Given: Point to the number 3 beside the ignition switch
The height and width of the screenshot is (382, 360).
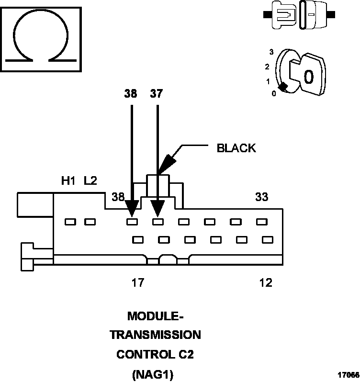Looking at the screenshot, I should pyautogui.click(x=271, y=52).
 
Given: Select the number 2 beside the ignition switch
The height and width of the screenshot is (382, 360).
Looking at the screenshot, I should pyautogui.click(x=267, y=67).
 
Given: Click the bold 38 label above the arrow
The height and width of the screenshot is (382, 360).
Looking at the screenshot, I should pyautogui.click(x=130, y=94).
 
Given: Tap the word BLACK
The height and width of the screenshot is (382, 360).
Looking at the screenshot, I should pyautogui.click(x=236, y=148).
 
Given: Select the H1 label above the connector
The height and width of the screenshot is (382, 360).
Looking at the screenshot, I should pyautogui.click(x=68, y=181).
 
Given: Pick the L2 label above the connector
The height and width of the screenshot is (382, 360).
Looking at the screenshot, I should pyautogui.click(x=90, y=181).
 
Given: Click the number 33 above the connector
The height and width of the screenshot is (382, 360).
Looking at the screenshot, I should pyautogui.click(x=261, y=197).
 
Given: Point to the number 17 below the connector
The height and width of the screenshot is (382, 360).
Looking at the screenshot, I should pyautogui.click(x=138, y=283).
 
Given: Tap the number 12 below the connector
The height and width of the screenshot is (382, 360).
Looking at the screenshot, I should pyautogui.click(x=265, y=283).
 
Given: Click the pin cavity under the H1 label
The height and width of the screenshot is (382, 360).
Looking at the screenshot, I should pyautogui.click(x=70, y=222).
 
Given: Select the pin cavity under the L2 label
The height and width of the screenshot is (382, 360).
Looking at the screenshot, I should pyautogui.click(x=90, y=222).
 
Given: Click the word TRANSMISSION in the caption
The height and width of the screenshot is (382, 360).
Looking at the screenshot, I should pyautogui.click(x=155, y=335).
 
